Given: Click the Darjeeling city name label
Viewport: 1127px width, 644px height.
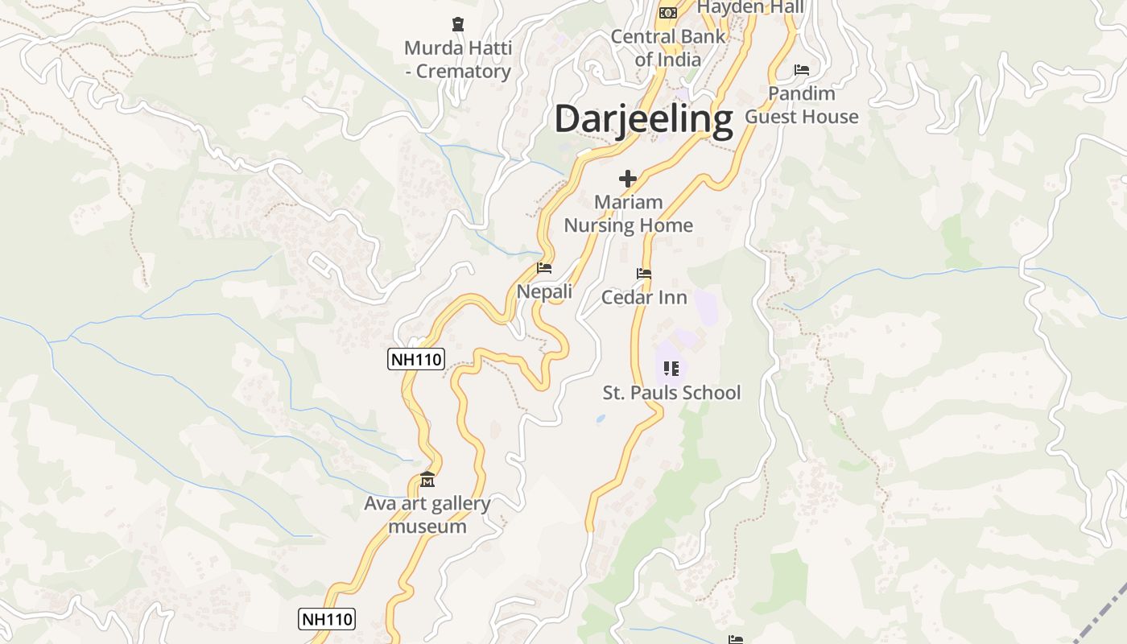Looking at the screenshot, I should click(x=643, y=118).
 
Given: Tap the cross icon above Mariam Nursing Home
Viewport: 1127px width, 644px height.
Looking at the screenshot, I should click(x=628, y=179).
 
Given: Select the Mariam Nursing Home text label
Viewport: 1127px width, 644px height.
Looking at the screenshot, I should click(x=628, y=213).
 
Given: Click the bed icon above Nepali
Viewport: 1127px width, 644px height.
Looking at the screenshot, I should click(x=544, y=268).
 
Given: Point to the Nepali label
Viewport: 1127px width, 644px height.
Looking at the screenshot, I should click(x=544, y=291).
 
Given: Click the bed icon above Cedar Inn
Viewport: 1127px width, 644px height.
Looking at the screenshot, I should click(x=643, y=274).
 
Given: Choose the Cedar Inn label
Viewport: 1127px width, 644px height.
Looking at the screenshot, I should click(x=644, y=297).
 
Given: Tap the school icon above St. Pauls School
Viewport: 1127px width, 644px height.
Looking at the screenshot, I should click(x=671, y=369).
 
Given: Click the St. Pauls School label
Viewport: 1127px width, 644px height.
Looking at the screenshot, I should click(x=671, y=393).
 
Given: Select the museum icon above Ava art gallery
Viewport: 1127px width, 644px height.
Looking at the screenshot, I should click(x=427, y=480).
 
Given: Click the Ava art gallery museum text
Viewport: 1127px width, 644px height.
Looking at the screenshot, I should click(x=427, y=515).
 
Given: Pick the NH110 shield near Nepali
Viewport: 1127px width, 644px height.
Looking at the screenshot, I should click(x=416, y=359).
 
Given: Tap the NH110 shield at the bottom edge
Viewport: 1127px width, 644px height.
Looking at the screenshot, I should click(x=327, y=619).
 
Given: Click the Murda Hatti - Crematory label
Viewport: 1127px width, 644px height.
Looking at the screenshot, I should click(x=457, y=60).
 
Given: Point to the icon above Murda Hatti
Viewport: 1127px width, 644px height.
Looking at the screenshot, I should click(x=457, y=24).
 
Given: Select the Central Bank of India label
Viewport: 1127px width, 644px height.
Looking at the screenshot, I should click(x=667, y=47).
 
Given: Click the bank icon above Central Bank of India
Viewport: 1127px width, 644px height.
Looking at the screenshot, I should click(x=667, y=12).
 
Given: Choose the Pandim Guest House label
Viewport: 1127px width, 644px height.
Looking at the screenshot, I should click(x=802, y=105).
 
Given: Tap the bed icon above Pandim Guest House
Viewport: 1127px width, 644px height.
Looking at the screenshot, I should click(x=802, y=70).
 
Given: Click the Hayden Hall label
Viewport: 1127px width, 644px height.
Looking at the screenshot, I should click(x=750, y=7).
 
